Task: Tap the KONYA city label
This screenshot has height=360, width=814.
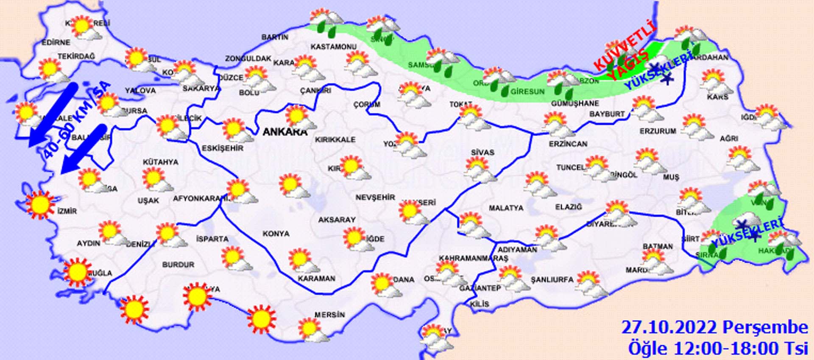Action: point(276,234)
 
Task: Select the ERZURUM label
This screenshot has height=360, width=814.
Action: point(658,131)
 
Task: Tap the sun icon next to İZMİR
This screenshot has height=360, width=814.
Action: point(40,204)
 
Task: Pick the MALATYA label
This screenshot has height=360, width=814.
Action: point(506,208)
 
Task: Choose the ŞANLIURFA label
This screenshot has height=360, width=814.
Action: point(552,279)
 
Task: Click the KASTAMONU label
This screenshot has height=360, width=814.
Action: point(334,46)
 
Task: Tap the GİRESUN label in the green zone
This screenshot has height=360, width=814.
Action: point(527,91)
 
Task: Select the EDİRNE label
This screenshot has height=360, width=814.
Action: point(56,42)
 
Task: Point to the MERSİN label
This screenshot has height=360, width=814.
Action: point(329,315)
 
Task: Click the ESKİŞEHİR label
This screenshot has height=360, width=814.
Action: point(223,148)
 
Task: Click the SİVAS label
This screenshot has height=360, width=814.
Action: point(482,152)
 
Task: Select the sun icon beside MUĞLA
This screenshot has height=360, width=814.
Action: point(77,271)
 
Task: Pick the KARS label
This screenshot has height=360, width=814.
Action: point(717,97)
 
